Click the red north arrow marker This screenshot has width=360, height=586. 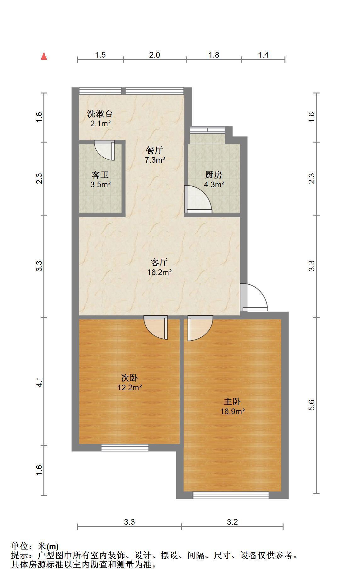click(44, 56)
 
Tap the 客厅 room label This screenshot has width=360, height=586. click(159, 262)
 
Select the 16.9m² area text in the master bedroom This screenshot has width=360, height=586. click(233, 411)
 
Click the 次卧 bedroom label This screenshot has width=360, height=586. click(130, 378)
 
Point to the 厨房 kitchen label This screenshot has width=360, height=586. click(214, 175)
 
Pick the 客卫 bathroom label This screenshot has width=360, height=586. click(100, 175)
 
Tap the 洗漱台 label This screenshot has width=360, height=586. click(100, 114)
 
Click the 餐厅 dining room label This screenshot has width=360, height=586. click(155, 150)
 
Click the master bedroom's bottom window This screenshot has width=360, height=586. click(231, 495)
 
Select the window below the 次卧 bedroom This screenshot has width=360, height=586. click(125, 448)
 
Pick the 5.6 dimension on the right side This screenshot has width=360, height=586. click(312, 405)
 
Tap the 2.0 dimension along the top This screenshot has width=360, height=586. click(154, 55)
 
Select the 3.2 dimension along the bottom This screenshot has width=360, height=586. click(232, 522)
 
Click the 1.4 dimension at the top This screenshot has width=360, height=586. click(263, 55)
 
